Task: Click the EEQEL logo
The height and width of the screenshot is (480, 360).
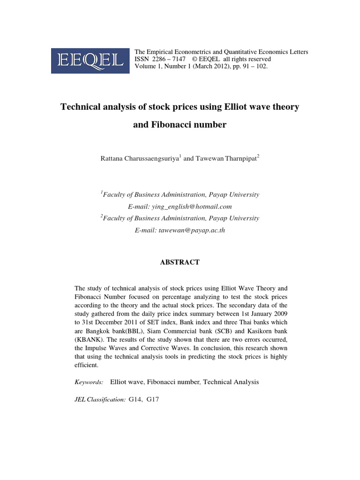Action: point(90,60)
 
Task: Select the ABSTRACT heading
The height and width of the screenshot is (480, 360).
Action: point(180,262)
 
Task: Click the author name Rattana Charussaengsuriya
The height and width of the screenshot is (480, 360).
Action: point(140,158)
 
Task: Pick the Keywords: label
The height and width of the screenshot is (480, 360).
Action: point(89,382)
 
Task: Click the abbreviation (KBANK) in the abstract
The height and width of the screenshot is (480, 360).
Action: point(87,340)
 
